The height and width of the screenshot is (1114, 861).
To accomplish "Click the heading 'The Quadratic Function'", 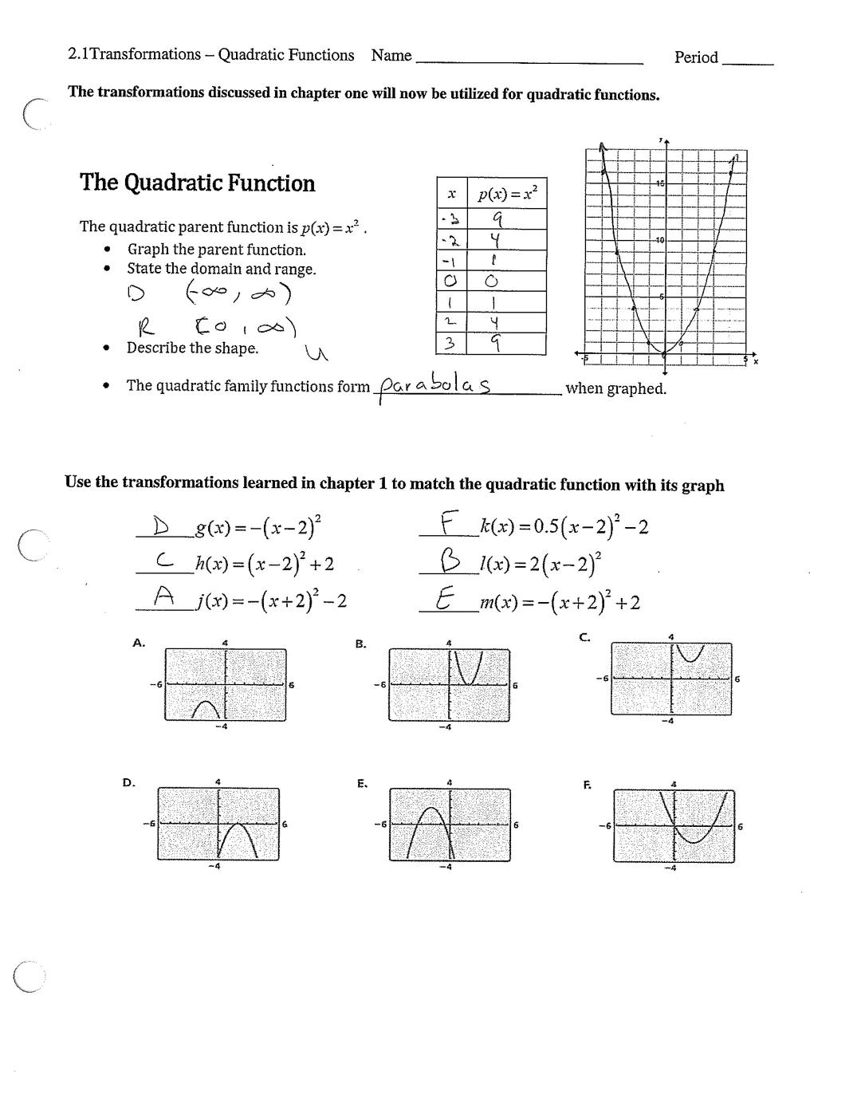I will click(x=197, y=183).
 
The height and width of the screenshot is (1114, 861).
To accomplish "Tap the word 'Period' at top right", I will click(x=696, y=57).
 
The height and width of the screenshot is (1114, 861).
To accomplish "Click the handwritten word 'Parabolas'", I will click(x=435, y=385).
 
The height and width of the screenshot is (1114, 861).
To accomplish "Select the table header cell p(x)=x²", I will click(x=507, y=193).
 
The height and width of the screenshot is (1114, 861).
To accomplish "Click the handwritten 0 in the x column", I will click(x=450, y=281).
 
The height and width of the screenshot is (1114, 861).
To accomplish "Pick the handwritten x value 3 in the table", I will click(x=450, y=343).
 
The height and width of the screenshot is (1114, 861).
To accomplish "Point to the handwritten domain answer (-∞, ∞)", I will click(x=238, y=293).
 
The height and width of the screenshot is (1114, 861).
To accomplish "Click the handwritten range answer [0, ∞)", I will click(x=244, y=326).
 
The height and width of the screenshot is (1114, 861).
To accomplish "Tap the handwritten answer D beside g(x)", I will click(x=162, y=526).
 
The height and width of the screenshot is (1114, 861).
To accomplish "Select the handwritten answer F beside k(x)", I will click(x=450, y=526).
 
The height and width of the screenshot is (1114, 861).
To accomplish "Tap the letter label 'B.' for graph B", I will click(x=360, y=644).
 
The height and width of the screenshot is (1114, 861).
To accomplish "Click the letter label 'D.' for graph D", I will click(x=128, y=783).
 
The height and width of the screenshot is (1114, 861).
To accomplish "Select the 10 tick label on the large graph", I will click(x=659, y=240).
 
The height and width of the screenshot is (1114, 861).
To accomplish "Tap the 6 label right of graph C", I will click(x=737, y=679).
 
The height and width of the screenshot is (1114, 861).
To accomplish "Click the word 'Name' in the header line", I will click(x=391, y=55).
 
